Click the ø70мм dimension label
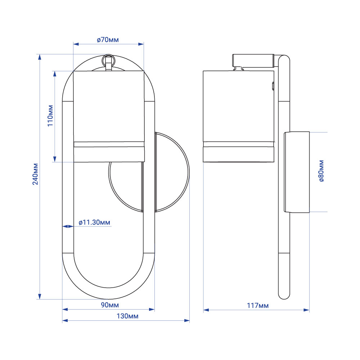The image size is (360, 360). click(x=108, y=40)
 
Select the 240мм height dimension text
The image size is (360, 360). click(x=35, y=174)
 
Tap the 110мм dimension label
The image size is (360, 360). click(x=50, y=116)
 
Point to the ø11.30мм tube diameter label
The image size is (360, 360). click(x=94, y=222)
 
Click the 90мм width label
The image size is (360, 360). click(x=110, y=305)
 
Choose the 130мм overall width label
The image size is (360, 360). click(x=127, y=316)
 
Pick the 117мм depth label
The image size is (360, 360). click(x=258, y=305)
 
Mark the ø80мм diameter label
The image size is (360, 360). click(x=321, y=171)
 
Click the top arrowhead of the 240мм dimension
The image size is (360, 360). click(x=40, y=57)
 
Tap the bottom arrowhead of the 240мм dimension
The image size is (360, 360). click(x=40, y=296)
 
